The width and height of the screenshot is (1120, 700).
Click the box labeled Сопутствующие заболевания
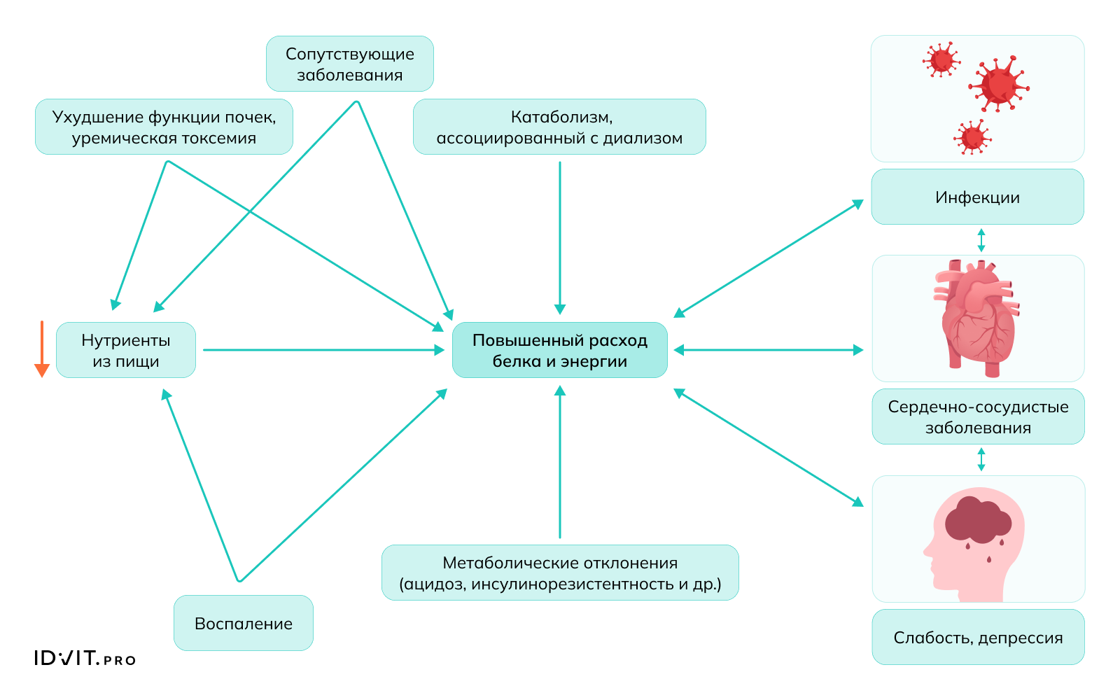(349, 64)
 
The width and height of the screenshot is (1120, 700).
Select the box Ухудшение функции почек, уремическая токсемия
(164, 127)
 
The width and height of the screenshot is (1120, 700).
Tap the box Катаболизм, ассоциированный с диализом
(559, 127)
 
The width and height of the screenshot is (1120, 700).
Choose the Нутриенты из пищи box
(126, 350)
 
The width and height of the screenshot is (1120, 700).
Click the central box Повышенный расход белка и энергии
(559, 350)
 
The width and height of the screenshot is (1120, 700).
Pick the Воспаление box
(243, 623)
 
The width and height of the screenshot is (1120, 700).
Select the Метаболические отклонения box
(560, 573)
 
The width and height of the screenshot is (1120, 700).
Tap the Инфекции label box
(977, 197)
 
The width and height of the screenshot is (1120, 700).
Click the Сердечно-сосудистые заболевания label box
(978, 416)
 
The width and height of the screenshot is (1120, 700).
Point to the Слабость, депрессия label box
(978, 637)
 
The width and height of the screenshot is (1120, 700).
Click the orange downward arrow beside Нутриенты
(42, 349)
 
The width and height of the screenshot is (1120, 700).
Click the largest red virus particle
(999, 85)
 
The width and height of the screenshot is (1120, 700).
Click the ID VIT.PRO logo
(85, 658)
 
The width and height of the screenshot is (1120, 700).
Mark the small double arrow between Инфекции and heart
(981, 240)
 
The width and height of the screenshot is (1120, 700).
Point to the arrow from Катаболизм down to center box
(560, 238)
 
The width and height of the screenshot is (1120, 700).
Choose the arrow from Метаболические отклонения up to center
(560, 462)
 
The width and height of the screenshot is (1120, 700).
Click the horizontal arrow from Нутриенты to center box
(322, 350)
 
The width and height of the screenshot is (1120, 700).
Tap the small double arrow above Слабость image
(981, 459)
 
